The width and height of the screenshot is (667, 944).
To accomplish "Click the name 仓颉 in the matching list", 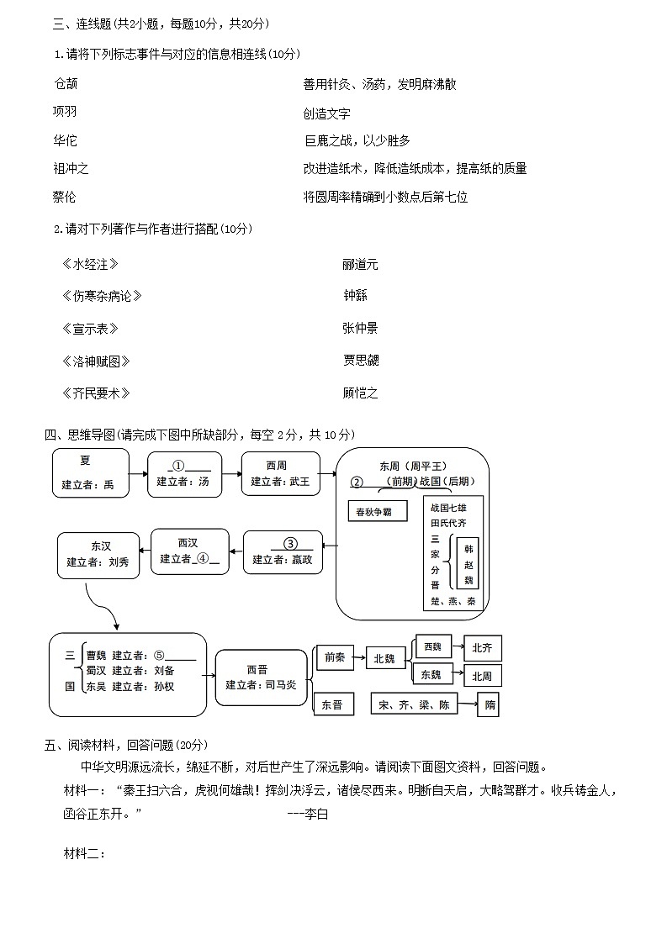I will click(x=66, y=84).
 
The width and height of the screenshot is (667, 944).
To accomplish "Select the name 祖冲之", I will click(x=71, y=169).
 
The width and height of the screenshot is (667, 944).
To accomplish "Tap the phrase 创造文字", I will click(x=326, y=113).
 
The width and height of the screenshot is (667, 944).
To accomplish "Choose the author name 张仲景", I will click(x=360, y=329).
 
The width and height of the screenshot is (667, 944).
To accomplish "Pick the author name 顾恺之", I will click(x=360, y=393).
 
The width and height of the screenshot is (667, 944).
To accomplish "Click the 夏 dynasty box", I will click(x=91, y=472).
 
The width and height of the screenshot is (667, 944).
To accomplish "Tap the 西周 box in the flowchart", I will click(x=280, y=473).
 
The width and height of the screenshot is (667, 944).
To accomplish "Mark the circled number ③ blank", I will click(x=290, y=543).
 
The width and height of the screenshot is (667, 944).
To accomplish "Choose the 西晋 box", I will click(x=261, y=677).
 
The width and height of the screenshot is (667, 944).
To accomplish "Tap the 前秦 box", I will click(x=334, y=658).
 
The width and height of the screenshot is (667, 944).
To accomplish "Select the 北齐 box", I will click(x=482, y=648).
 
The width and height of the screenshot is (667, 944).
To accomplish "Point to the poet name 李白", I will click(x=315, y=814).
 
